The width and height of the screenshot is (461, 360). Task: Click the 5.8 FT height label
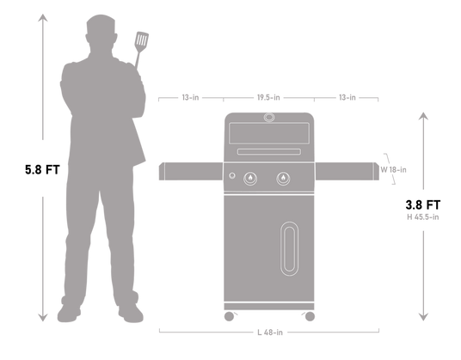pyautogui.click(x=42, y=170)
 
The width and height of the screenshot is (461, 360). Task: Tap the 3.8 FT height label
pyautogui.click(x=423, y=204)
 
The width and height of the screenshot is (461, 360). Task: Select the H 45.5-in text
pyautogui.click(x=423, y=217)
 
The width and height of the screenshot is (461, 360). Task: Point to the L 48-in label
pyautogui.click(x=270, y=333)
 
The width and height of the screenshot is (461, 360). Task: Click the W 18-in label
pyautogui.click(x=393, y=170)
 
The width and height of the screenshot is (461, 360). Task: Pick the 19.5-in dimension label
pyautogui.click(x=268, y=97)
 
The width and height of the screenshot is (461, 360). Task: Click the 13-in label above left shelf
pyautogui.click(x=190, y=97)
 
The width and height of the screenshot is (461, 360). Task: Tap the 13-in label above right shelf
pyautogui.click(x=347, y=97)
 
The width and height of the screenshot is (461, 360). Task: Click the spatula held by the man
pyautogui.click(x=141, y=47)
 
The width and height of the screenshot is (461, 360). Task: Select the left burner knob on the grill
pyautogui.click(x=250, y=178)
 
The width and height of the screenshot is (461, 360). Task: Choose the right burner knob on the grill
pyautogui.click(x=283, y=178)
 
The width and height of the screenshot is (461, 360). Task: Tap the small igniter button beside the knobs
pyautogui.click(x=232, y=175)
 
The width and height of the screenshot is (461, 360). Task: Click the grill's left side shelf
pyautogui.click(x=191, y=171)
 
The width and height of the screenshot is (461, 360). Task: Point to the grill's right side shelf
pyautogui.click(x=347, y=171)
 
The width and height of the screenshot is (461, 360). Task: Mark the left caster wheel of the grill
pyautogui.click(x=229, y=316)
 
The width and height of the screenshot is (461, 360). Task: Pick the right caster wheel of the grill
pyautogui.click(x=310, y=316)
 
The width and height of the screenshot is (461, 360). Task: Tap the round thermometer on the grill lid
pyautogui.click(x=269, y=117)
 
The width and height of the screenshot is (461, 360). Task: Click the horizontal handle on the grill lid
pyautogui.click(x=269, y=151)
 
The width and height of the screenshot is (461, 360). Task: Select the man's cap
pyautogui.click(x=101, y=23)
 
